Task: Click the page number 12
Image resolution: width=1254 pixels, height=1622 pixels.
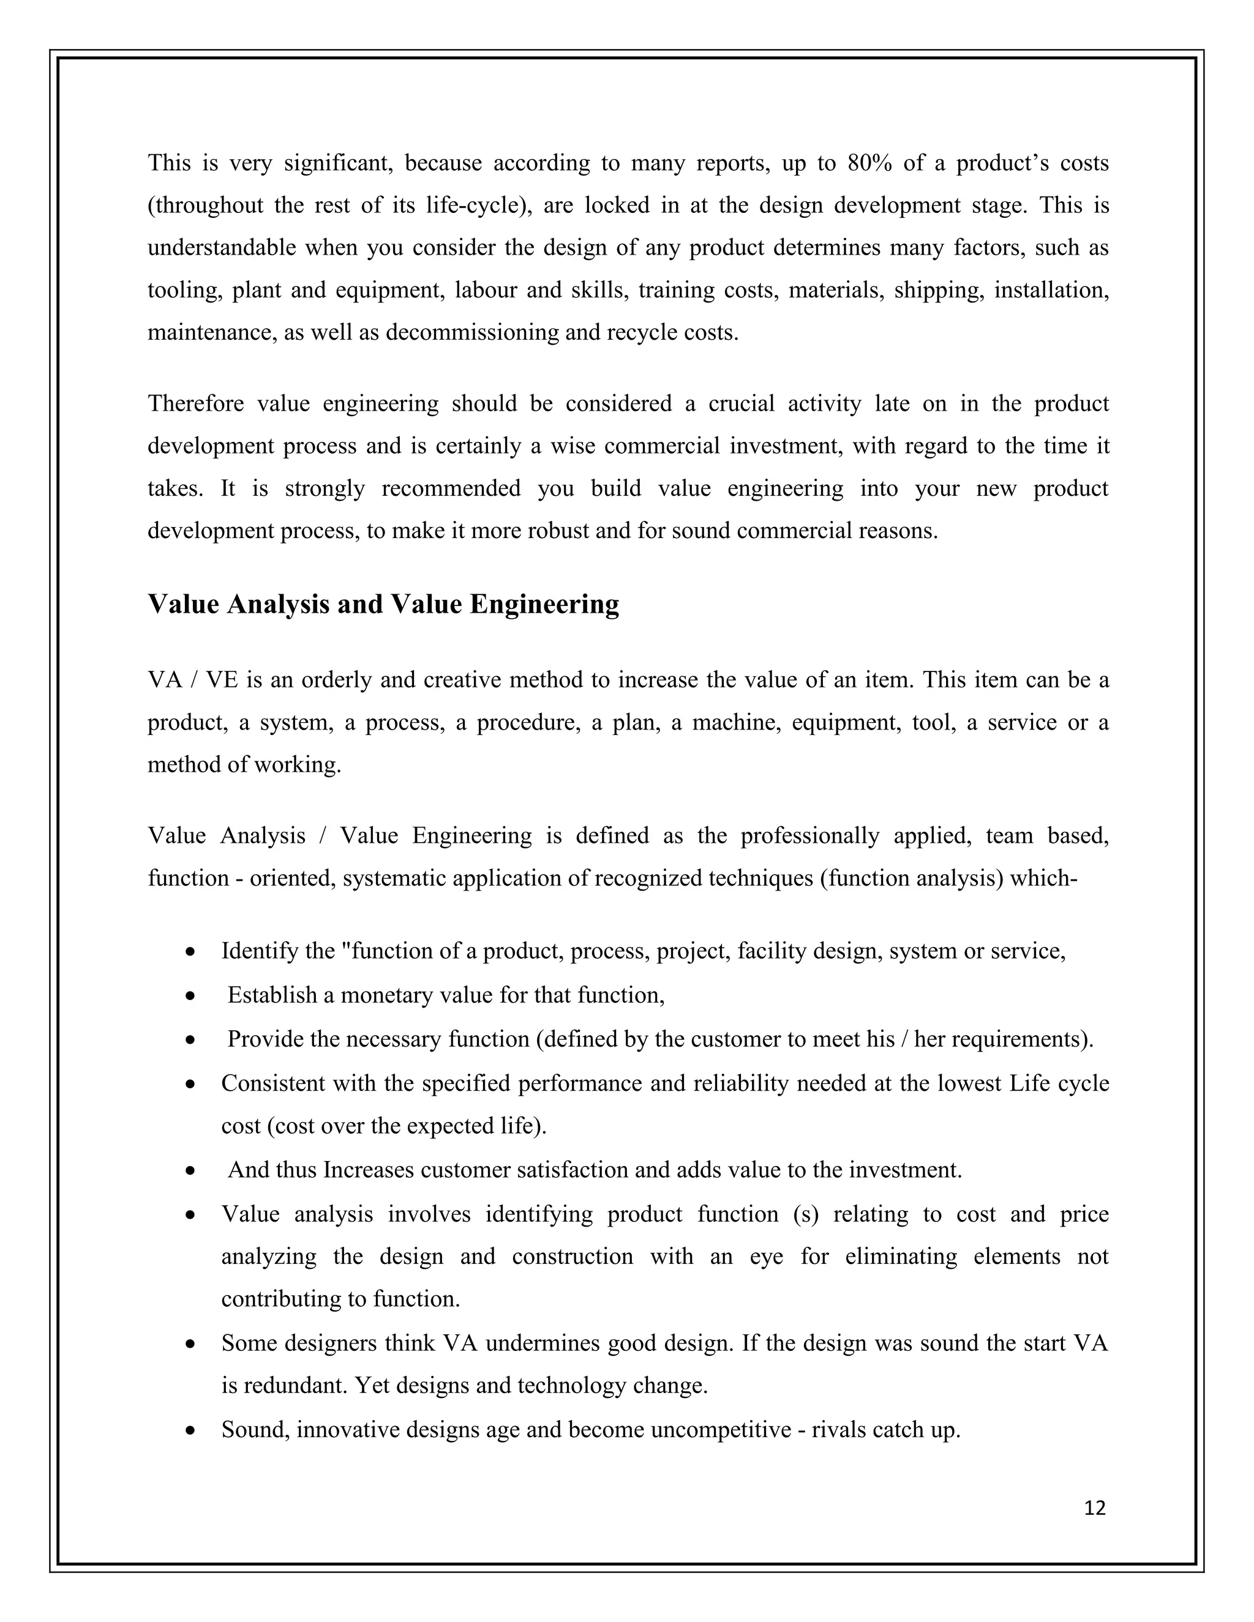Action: [1095, 1508]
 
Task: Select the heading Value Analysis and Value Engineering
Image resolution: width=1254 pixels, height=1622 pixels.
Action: [383, 604]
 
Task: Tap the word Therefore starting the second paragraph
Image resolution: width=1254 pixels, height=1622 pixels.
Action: [195, 404]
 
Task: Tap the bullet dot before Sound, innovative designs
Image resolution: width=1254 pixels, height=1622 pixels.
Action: [191, 1430]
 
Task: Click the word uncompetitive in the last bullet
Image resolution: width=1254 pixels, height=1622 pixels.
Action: [721, 1430]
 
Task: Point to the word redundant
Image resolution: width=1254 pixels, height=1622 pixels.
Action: [293, 1386]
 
